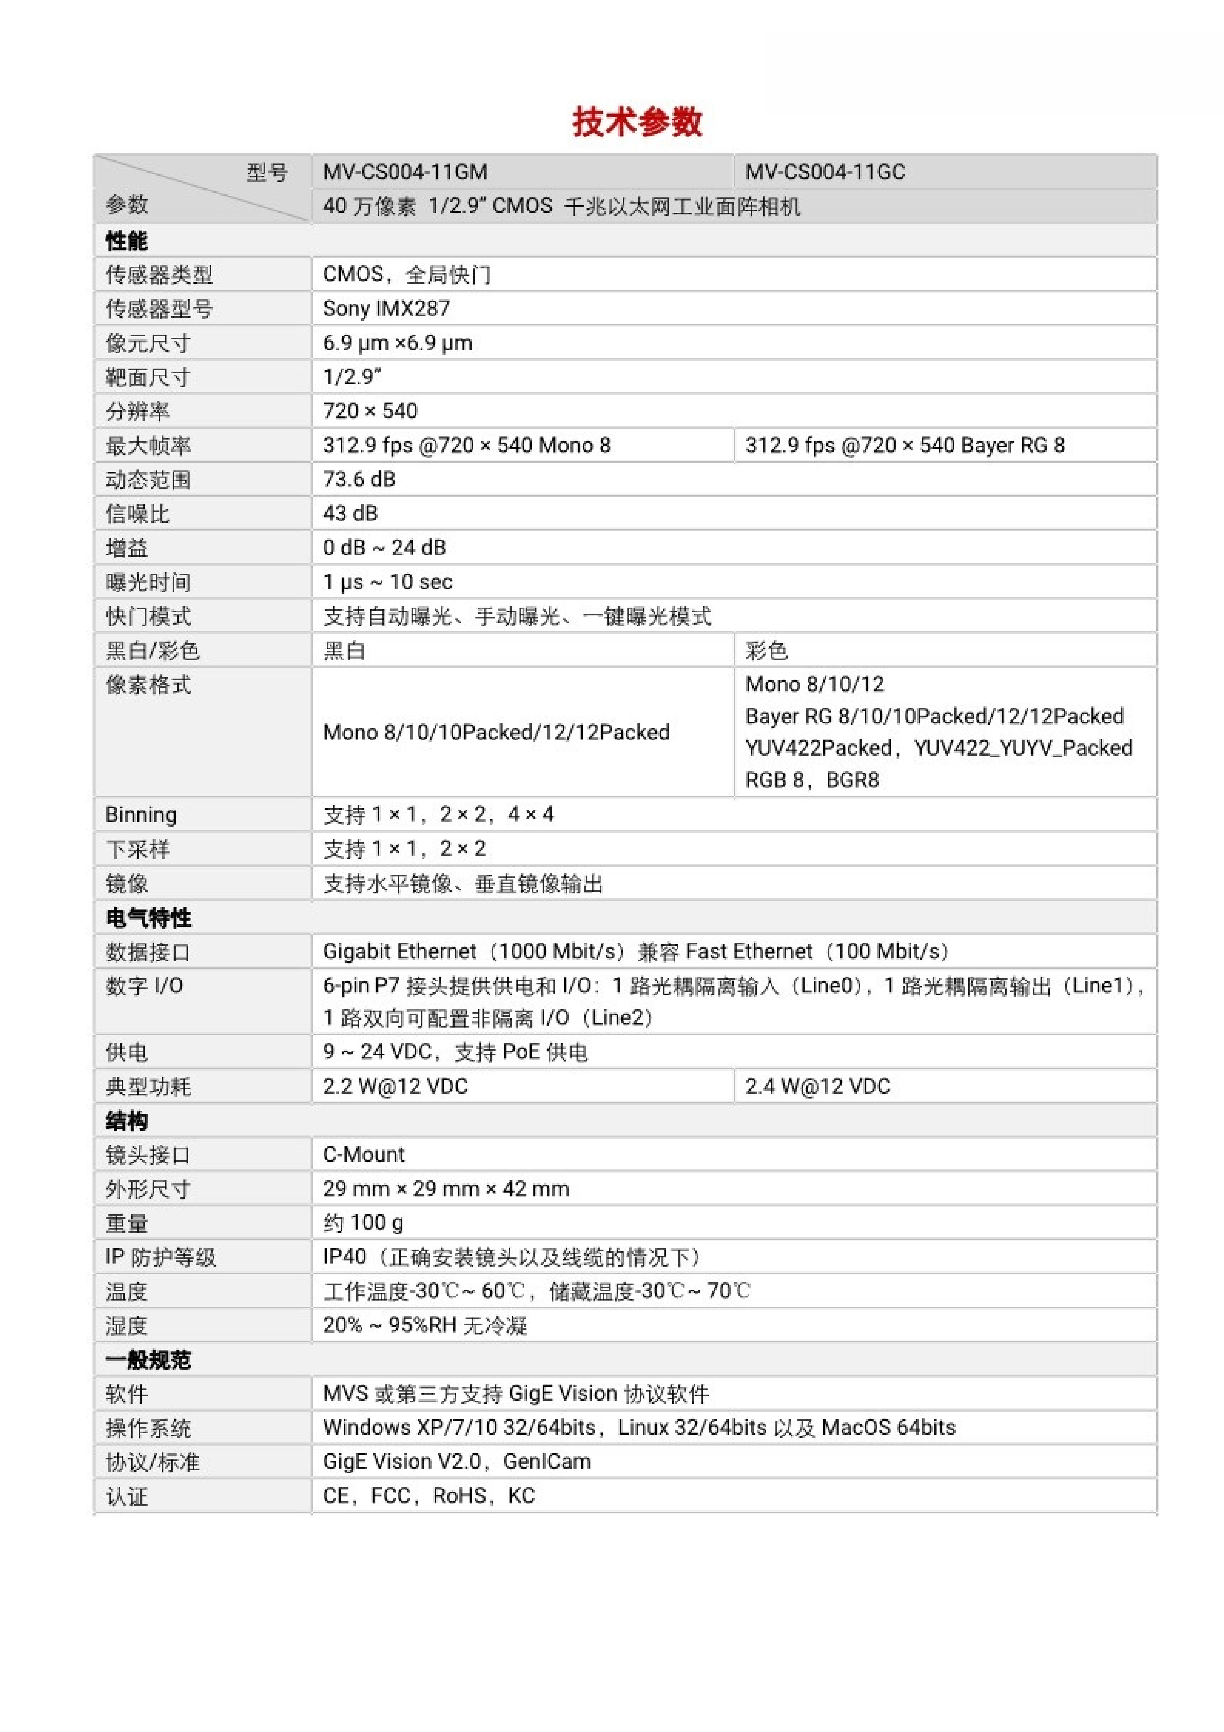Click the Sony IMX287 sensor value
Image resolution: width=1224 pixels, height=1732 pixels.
386,308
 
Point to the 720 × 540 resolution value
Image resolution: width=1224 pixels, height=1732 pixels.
370,411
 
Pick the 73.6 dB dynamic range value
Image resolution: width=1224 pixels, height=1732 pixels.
359,480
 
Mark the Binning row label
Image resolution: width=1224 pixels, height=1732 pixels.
141,815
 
